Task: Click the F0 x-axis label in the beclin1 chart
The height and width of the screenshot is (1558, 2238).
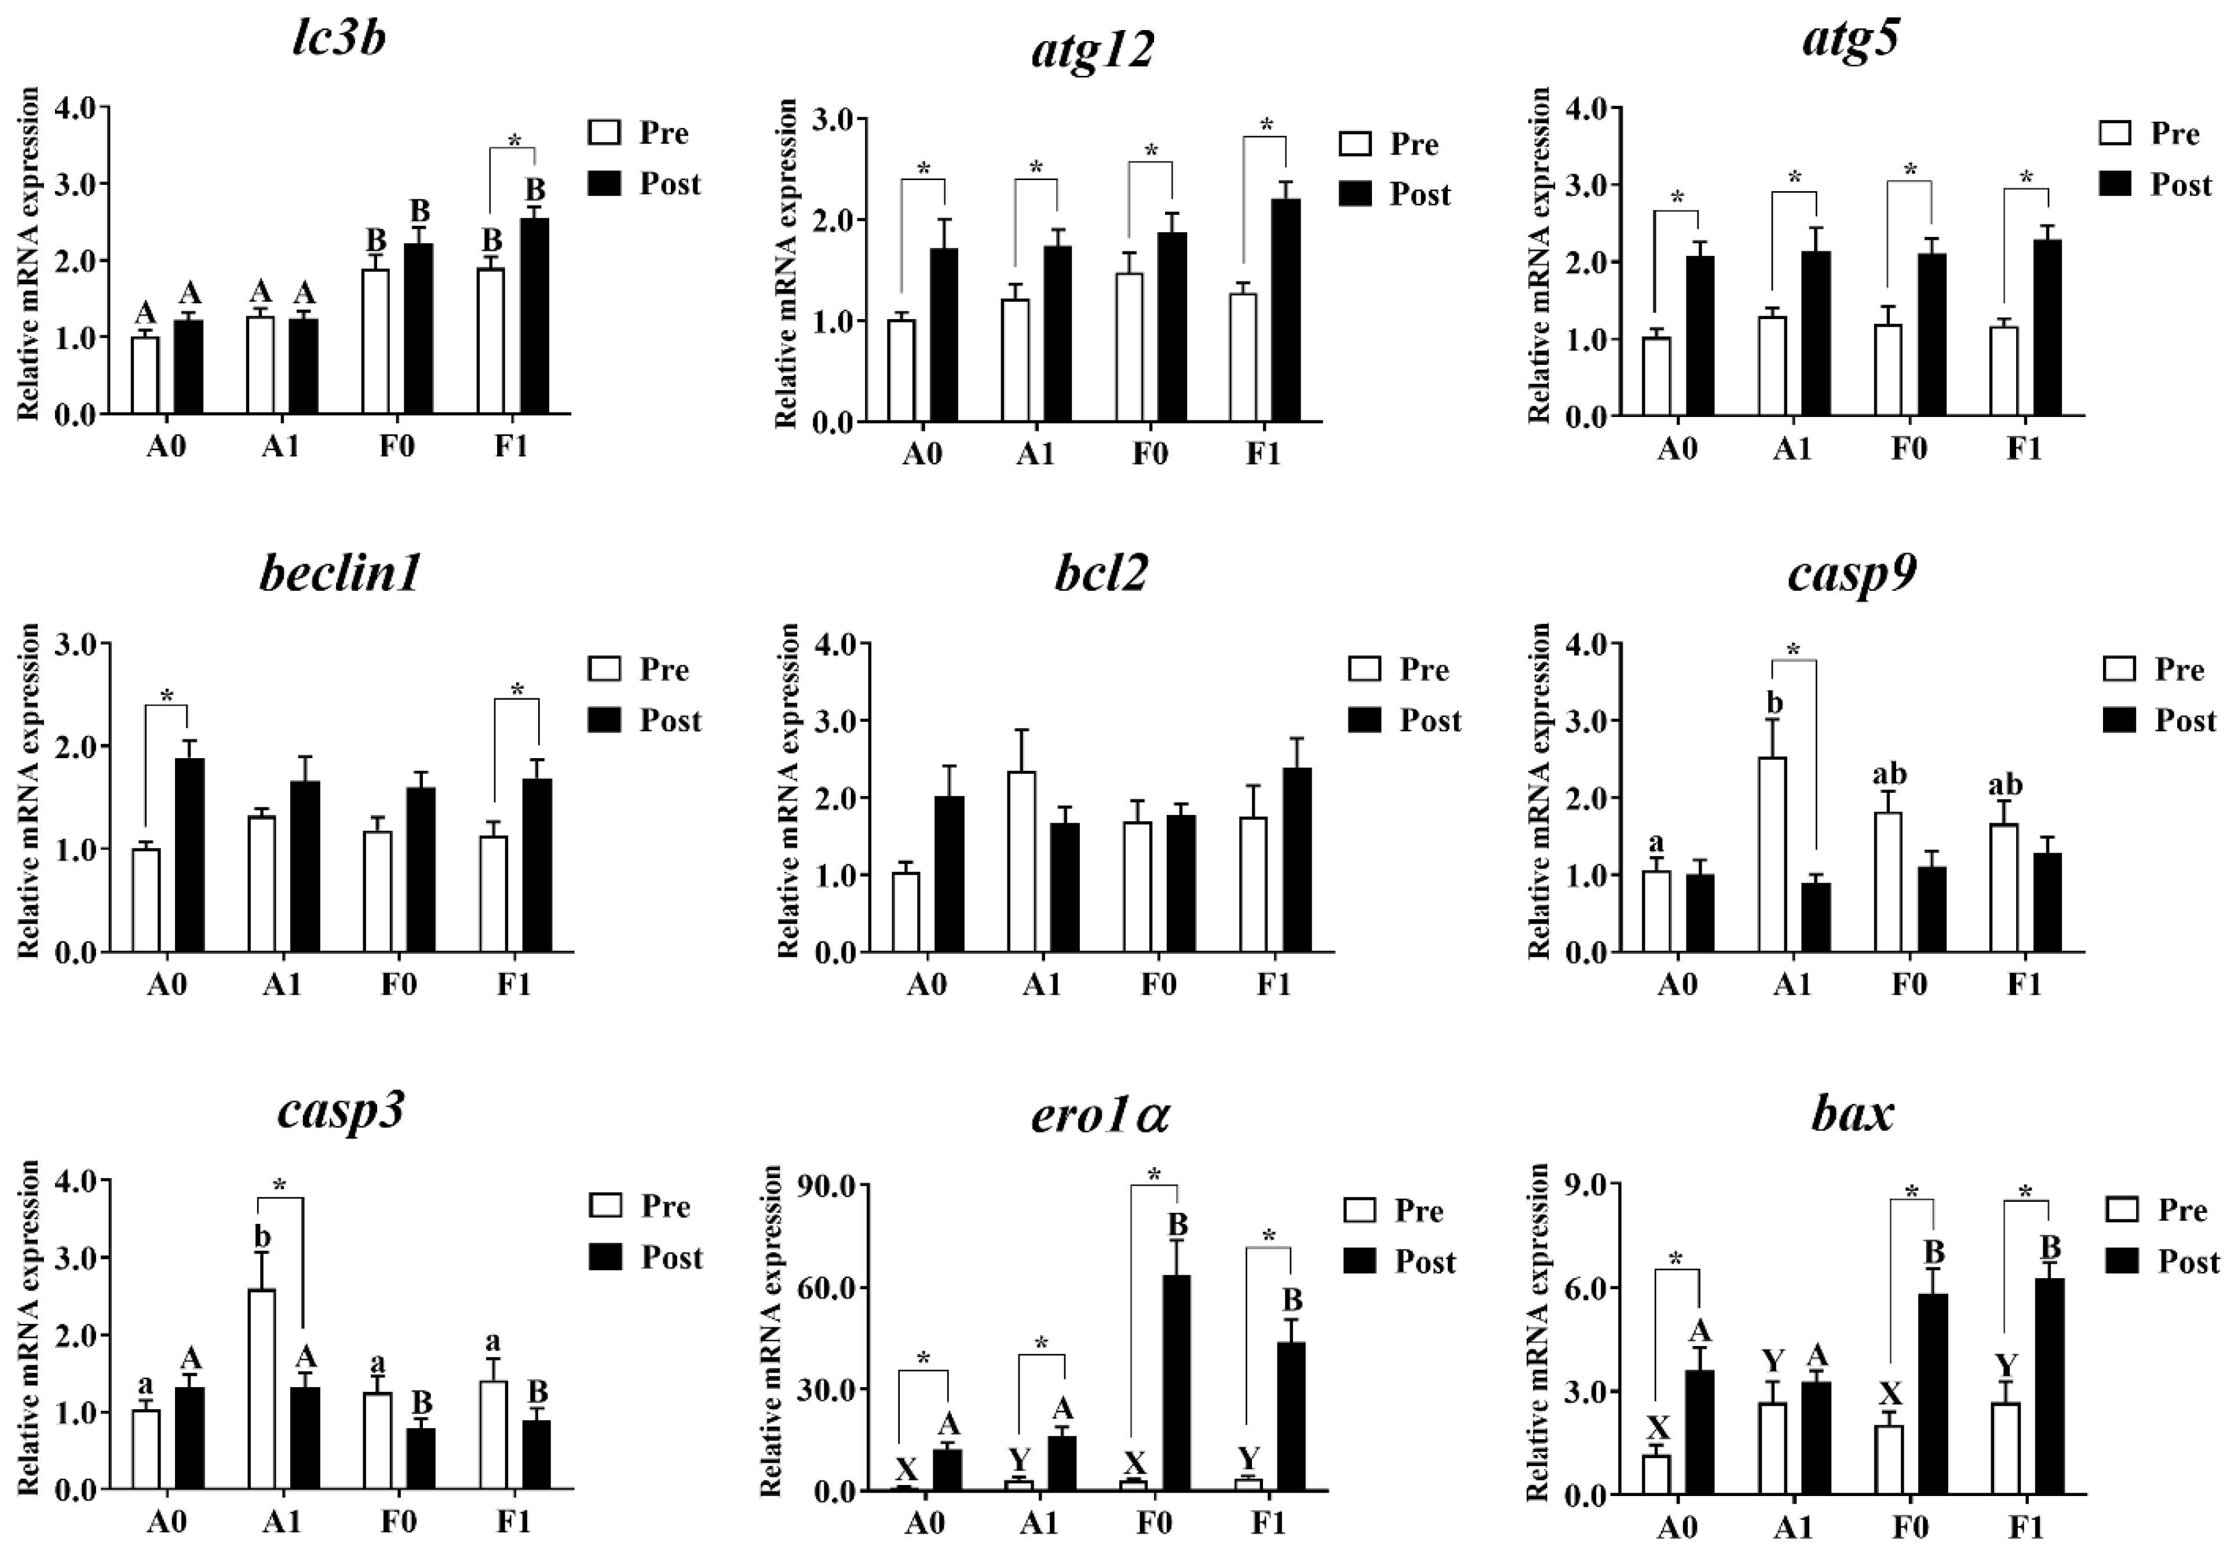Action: click(397, 985)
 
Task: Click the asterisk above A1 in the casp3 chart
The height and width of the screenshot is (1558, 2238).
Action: click(280, 1186)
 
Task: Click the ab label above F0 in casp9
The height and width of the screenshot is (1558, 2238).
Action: click(1888, 774)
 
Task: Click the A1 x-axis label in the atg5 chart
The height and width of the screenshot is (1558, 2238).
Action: click(1791, 449)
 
